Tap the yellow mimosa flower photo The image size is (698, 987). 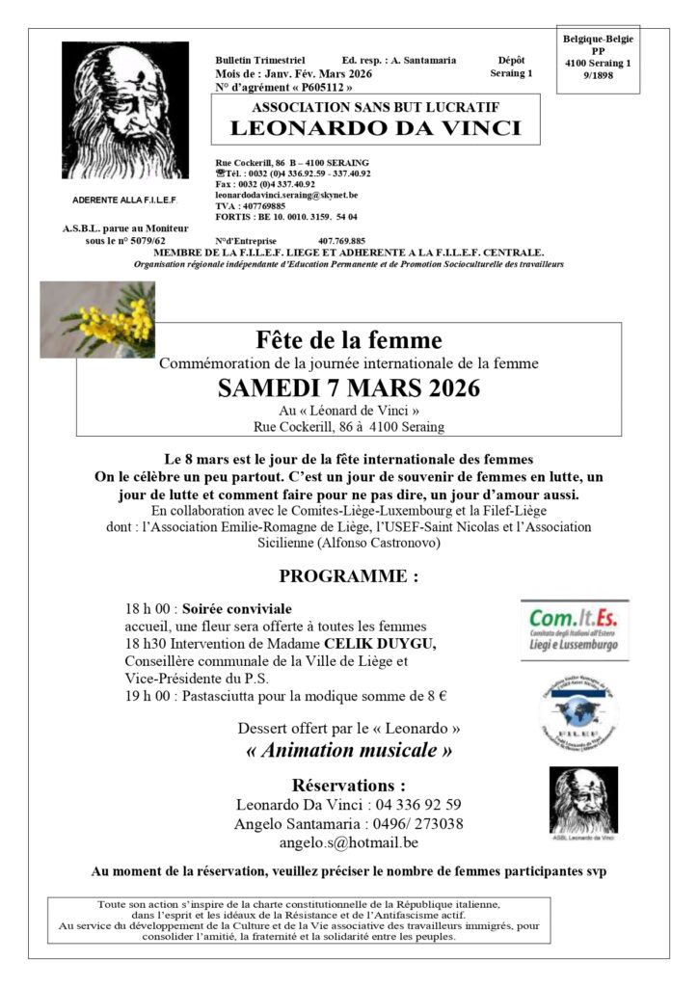(97, 320)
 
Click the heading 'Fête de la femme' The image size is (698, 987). (349, 340)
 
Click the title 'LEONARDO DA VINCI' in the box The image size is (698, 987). (375, 129)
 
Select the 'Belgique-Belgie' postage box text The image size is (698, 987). (597, 39)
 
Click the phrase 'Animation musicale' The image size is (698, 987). (348, 749)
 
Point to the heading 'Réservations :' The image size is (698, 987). (348, 784)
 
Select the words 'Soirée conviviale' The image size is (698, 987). (238, 609)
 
